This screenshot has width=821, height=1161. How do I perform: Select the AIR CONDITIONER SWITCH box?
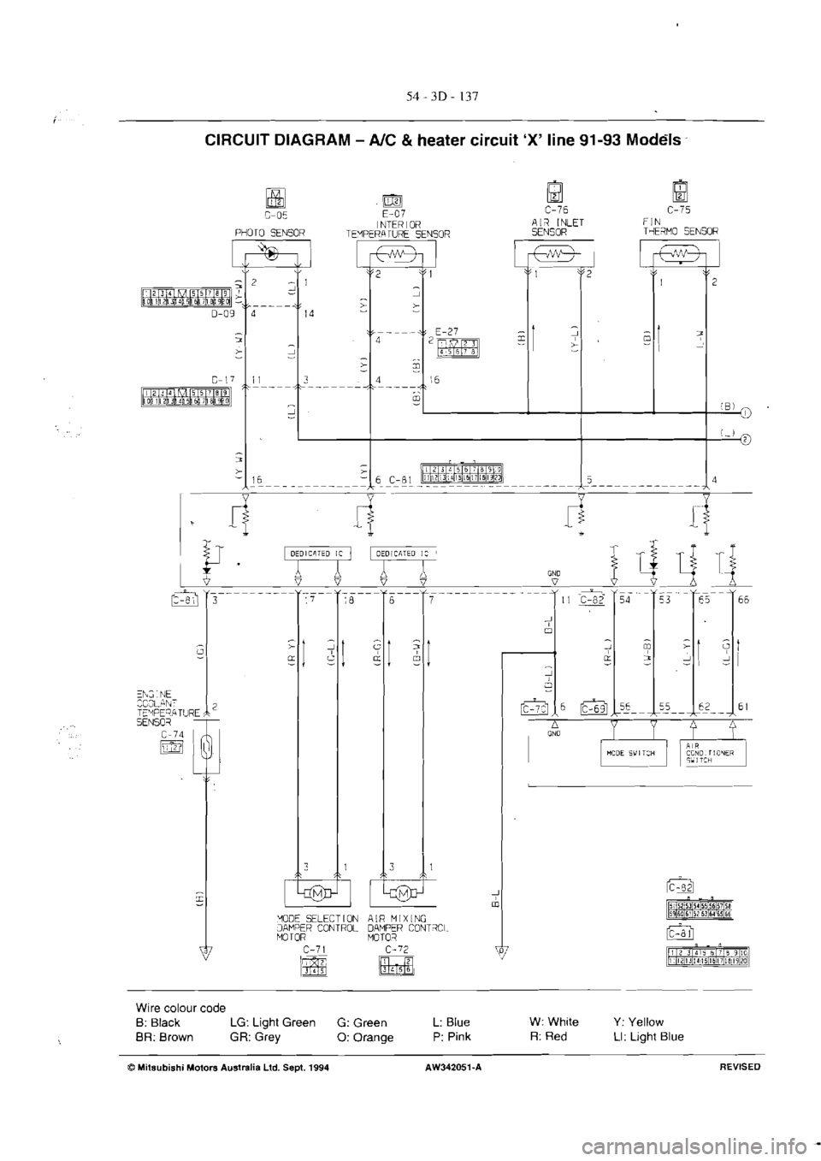click(712, 754)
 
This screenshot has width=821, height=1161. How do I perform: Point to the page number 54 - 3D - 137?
click(441, 94)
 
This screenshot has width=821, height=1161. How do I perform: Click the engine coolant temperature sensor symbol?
click(204, 755)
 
